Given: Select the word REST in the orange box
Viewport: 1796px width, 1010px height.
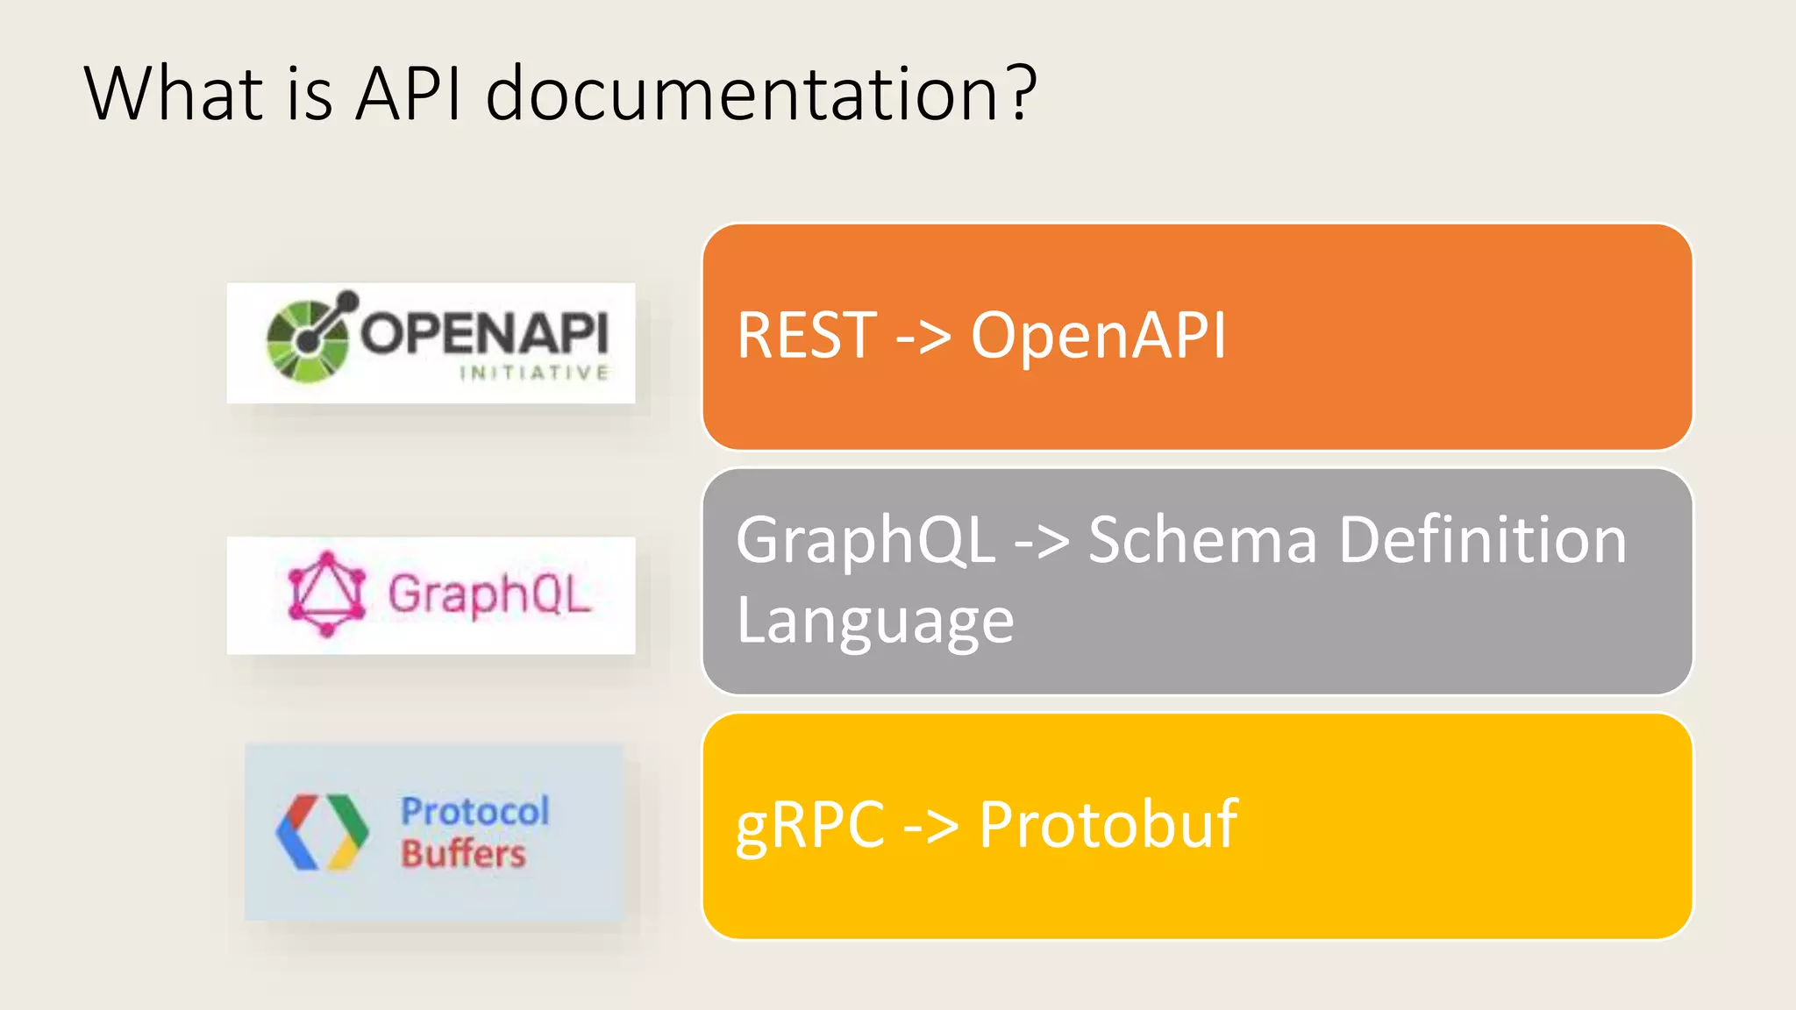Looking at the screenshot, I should pos(807,336).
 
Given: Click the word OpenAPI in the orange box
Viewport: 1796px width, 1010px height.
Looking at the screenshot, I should pos(1098,336).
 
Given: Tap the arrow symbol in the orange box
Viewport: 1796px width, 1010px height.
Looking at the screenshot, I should pos(923,338).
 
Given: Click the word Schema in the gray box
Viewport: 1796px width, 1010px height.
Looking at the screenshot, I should pos(1202,540).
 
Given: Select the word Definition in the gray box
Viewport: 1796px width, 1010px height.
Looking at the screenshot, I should pos(1483,540).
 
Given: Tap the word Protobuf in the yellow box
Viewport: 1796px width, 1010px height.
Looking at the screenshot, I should pos(1108,826).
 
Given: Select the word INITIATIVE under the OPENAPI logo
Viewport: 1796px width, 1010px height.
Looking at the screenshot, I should pos(534,373).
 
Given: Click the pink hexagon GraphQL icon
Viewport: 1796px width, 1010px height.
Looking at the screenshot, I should pos(326,594).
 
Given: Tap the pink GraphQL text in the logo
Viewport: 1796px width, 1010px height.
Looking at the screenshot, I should pos(489,594).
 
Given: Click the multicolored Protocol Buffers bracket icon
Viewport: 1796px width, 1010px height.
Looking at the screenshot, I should pos(321,832).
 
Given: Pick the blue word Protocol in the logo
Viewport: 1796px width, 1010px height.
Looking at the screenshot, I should pos(475,811).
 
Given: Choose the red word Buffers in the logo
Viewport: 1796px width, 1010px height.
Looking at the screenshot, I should pos(463,853).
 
